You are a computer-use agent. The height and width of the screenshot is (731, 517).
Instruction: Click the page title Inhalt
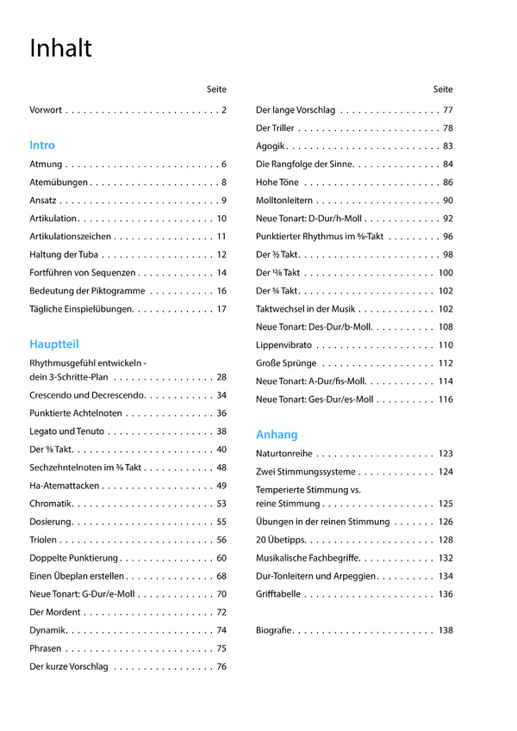(x=60, y=48)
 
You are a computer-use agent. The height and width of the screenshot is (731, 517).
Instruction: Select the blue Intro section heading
(x=42, y=146)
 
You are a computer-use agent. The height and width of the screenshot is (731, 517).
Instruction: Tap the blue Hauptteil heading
(x=54, y=344)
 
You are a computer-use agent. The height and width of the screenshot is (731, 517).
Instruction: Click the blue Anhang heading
(x=277, y=435)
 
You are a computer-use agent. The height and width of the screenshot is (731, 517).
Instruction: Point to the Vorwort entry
(x=46, y=110)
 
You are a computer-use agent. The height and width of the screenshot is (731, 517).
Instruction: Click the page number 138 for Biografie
(x=445, y=630)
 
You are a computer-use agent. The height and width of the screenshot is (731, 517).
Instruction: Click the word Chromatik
(x=51, y=504)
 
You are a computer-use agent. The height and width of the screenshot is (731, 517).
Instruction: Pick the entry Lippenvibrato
(x=283, y=345)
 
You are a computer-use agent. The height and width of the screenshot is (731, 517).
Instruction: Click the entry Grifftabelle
(x=278, y=594)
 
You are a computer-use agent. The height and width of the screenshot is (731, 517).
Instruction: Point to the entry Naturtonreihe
(x=283, y=454)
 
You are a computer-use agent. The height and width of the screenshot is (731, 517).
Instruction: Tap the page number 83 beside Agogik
(x=448, y=146)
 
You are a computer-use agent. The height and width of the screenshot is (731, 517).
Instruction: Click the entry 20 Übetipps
(x=281, y=540)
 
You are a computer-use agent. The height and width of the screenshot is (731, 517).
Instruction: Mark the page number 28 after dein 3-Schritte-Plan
(x=221, y=377)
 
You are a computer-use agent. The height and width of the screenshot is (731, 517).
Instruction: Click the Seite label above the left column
(x=216, y=90)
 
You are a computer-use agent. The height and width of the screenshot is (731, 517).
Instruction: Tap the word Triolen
(x=43, y=540)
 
